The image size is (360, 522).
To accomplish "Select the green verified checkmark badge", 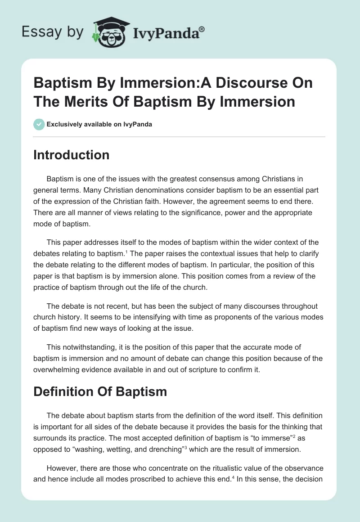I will [x=39, y=124].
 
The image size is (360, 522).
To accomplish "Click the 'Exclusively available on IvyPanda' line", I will [x=99, y=124].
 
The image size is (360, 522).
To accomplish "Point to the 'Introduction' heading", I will [x=72, y=155].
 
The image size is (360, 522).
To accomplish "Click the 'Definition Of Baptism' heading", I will [x=100, y=391].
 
